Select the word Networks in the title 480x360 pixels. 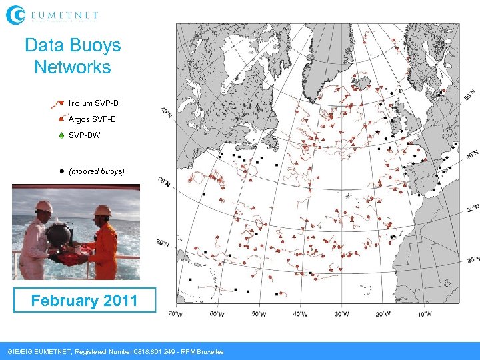pos(72,67)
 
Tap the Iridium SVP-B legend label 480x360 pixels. pos(93,103)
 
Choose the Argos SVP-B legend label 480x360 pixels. pos(92,119)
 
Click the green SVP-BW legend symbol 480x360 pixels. pos(61,135)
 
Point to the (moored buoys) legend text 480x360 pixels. pos(97,171)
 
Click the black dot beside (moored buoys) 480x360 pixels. pos(61,171)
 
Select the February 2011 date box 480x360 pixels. pos(84,300)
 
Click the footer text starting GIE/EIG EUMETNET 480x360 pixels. pos(115,351)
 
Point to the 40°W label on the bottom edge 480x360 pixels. pos(300,314)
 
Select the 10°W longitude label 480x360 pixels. pos(424,313)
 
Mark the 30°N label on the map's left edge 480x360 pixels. pos(163,181)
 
